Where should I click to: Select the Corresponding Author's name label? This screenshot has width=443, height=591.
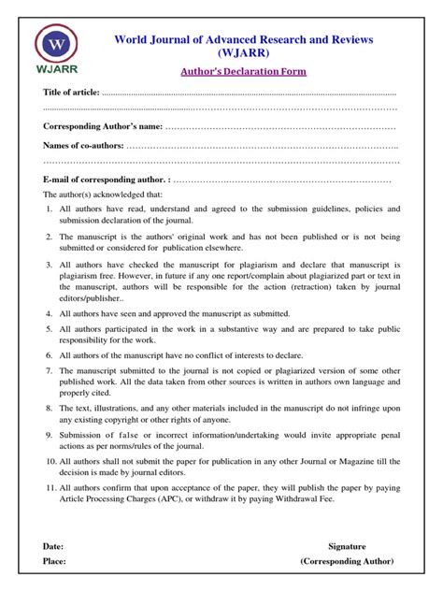pyautogui.click(x=103, y=125)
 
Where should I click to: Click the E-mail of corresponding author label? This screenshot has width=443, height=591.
pyautogui.click(x=106, y=179)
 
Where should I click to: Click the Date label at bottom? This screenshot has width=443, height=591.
pyautogui.click(x=54, y=546)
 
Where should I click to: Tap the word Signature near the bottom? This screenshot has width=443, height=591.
pyautogui.click(x=347, y=546)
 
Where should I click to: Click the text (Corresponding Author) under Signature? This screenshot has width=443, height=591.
pyautogui.click(x=347, y=561)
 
